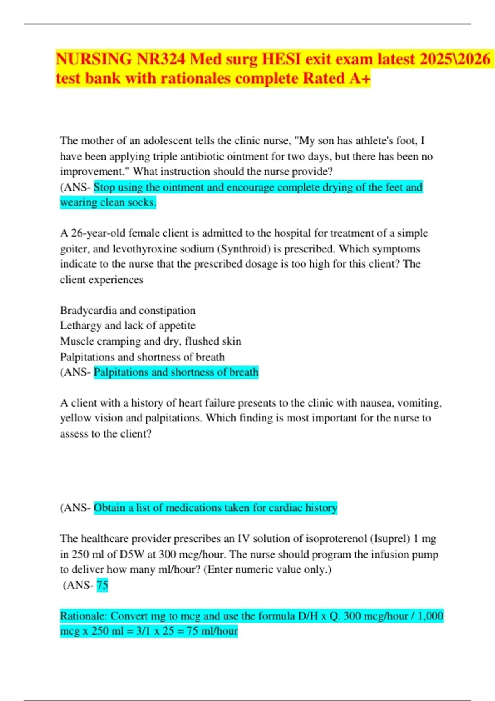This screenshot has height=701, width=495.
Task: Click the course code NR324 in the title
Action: (x=161, y=59)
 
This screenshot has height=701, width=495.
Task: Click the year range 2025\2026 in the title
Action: (x=455, y=59)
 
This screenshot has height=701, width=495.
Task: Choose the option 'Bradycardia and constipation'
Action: (x=127, y=311)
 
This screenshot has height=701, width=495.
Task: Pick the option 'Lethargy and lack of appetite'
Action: (x=127, y=326)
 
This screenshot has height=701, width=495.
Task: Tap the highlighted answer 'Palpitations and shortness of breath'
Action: (x=176, y=372)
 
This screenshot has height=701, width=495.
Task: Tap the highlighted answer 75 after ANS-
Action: (x=102, y=585)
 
